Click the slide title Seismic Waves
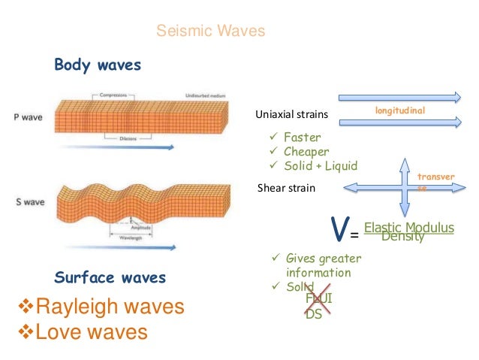(210, 32)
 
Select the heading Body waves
(98, 65)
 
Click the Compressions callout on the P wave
(115, 95)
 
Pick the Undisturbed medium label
(208, 95)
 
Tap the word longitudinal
(399, 110)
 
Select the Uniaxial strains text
(292, 114)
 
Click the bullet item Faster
(303, 138)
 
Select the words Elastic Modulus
(408, 227)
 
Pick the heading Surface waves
(110, 278)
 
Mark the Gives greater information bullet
(323, 265)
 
